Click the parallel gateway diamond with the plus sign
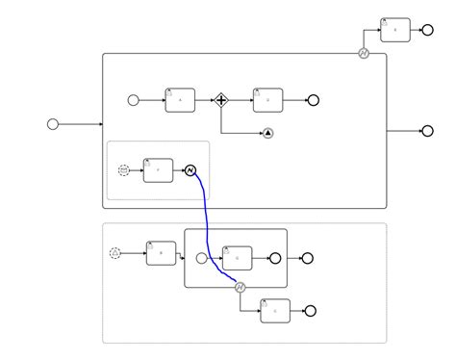[221, 99]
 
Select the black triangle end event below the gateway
[267, 133]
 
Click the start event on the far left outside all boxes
[53, 123]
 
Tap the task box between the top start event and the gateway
[180, 100]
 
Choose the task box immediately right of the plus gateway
[267, 99]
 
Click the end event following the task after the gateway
[313, 100]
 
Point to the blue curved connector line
[207, 221]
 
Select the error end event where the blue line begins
[190, 170]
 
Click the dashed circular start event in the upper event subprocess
[123, 170]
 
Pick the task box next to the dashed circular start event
[158, 170]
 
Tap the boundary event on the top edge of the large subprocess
[364, 54]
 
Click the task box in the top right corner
[394, 30]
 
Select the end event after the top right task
[427, 30]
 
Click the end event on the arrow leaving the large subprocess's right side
[427, 131]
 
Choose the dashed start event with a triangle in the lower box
[115, 253]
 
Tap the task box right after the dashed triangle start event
[161, 253]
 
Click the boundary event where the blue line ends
[241, 287]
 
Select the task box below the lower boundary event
[275, 311]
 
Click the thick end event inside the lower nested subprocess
[275, 258]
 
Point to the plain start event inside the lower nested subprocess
[201, 258]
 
